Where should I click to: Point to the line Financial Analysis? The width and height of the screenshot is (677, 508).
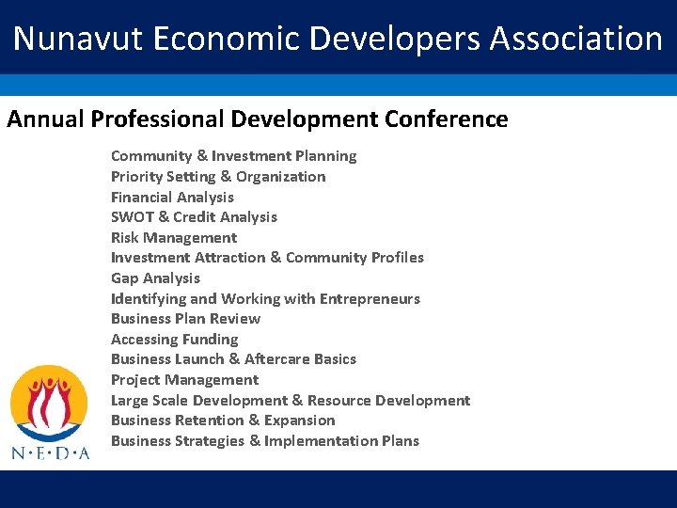[x=172, y=197]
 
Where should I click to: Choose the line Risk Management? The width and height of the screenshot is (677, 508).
[x=174, y=237]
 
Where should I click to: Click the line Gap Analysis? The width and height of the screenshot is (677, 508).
[x=155, y=278]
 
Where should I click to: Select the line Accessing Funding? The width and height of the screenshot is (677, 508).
[x=174, y=339]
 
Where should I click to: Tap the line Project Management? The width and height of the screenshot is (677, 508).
[x=184, y=379]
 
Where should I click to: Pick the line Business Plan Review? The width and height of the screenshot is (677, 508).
[x=185, y=318]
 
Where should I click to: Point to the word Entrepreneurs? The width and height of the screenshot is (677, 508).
[x=370, y=298]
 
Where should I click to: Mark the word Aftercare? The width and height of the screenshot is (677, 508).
[x=278, y=358]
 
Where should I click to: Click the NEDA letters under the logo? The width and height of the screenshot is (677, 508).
[x=50, y=452]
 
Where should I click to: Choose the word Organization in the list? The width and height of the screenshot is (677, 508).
[x=280, y=176]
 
